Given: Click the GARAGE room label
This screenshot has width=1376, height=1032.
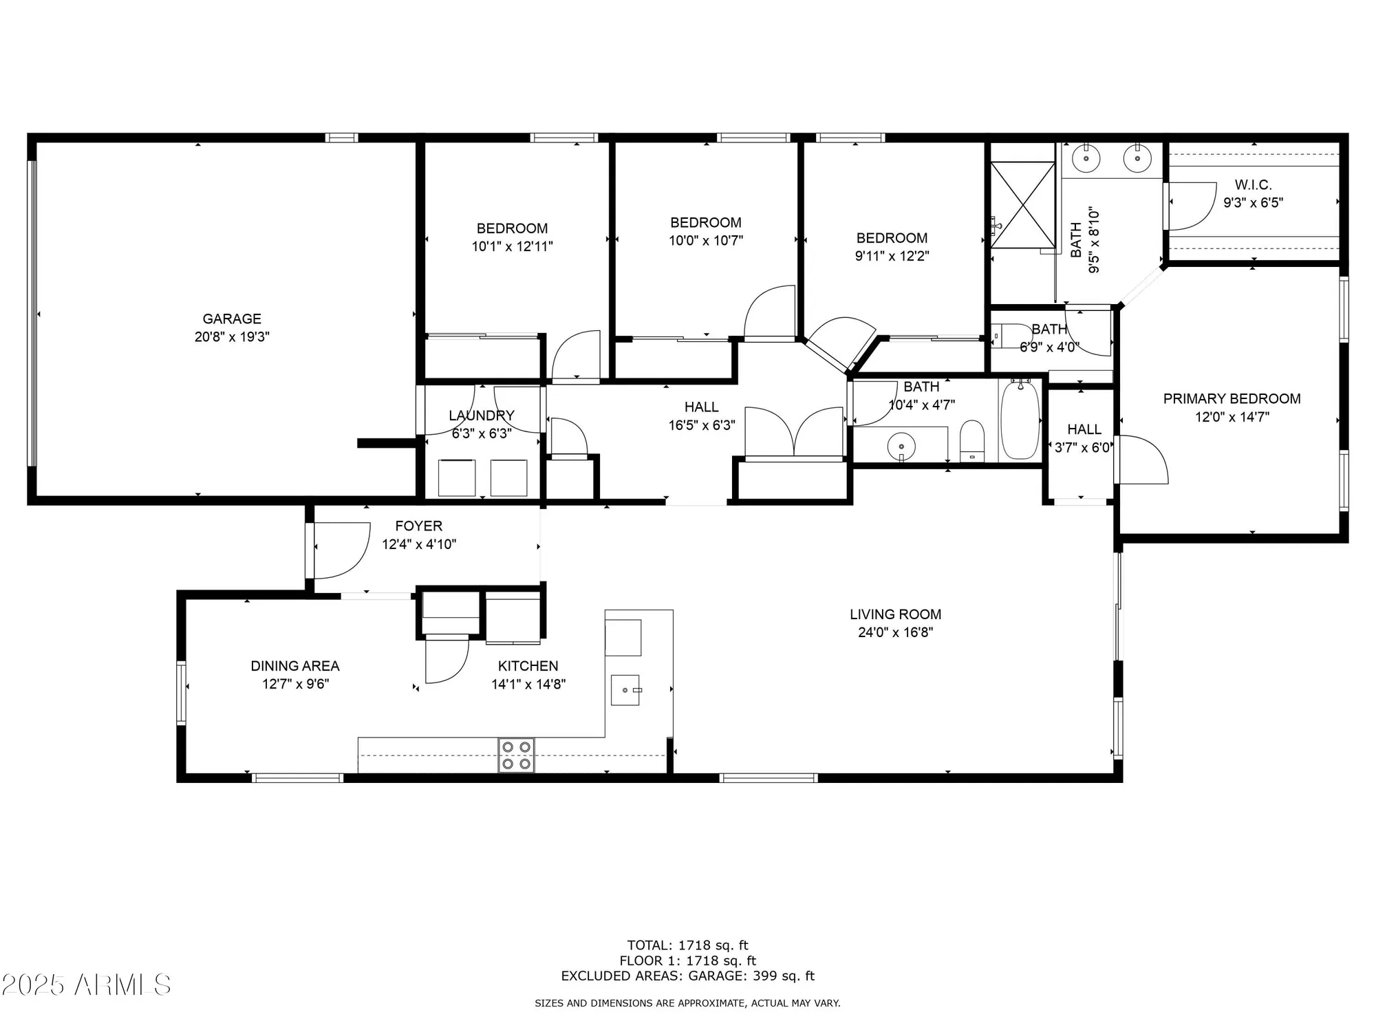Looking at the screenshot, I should click(x=232, y=319).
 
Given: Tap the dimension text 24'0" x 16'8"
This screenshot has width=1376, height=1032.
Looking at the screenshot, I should click(x=895, y=632).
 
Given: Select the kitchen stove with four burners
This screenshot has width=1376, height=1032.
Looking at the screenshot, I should click(x=516, y=755).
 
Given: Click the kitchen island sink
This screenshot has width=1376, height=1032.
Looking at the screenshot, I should click(x=625, y=690).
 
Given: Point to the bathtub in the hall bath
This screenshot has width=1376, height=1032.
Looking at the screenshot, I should click(x=1020, y=421).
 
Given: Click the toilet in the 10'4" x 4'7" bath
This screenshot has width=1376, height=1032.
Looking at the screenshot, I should click(x=972, y=440).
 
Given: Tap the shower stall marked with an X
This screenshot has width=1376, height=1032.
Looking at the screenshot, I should click(x=1023, y=204).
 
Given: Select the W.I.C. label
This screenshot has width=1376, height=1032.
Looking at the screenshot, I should click(x=1253, y=184).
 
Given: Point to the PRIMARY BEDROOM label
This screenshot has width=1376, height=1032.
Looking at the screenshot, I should click(x=1232, y=398).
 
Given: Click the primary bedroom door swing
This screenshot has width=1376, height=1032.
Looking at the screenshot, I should click(x=1140, y=460).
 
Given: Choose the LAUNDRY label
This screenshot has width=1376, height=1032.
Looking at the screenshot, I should click(x=482, y=416).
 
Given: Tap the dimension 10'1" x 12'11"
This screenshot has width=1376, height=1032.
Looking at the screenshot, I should click(x=512, y=246).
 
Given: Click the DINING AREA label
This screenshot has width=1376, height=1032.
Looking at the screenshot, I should click(x=294, y=665).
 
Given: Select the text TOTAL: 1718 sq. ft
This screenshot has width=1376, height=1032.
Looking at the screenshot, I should click(x=687, y=945).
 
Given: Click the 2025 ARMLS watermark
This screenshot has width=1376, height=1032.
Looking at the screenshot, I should click(x=86, y=985).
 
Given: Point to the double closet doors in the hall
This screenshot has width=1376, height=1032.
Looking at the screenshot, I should click(x=794, y=432).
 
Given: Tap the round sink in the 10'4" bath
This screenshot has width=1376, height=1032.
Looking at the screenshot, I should click(x=901, y=447).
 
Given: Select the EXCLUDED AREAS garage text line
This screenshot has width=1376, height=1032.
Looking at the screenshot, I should click(x=687, y=976).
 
